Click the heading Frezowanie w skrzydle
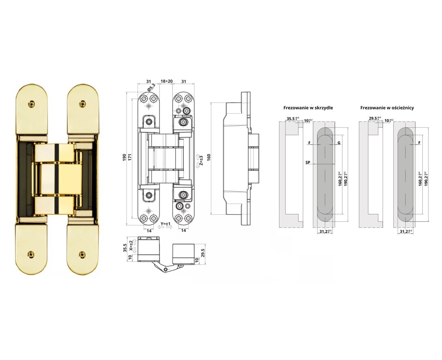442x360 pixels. [x=308, y=108]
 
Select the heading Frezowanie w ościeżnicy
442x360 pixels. [x=387, y=108]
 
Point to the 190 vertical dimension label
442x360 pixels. [x=124, y=158]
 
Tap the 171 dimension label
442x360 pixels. [x=131, y=158]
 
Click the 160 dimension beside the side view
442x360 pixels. [x=208, y=158]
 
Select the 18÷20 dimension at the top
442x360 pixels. [x=166, y=81]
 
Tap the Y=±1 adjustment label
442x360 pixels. [x=166, y=224]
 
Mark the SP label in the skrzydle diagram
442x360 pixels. [x=307, y=162]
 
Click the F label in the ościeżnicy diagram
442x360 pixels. [x=420, y=143]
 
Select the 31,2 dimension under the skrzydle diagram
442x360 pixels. [x=325, y=232]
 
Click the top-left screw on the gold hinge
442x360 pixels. [x=30, y=104]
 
